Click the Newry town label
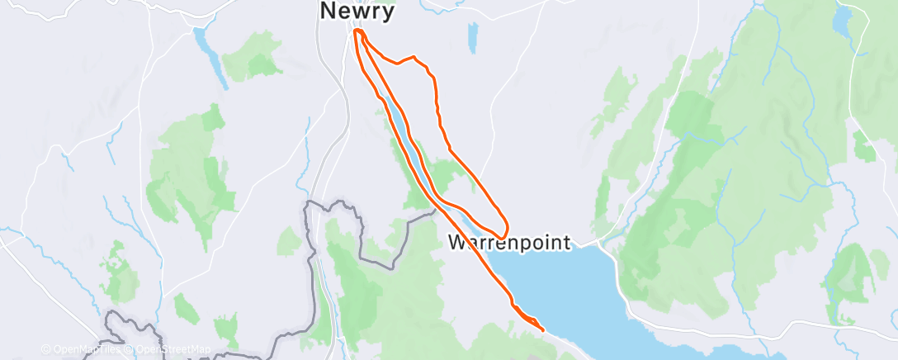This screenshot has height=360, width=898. (357, 12)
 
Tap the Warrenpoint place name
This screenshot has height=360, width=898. (509, 243)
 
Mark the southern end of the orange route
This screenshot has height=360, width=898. (542, 330)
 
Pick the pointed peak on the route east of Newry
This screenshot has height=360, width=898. (414, 58)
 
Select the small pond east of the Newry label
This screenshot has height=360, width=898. (472, 37)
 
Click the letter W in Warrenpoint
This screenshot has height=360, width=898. (457, 243)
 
